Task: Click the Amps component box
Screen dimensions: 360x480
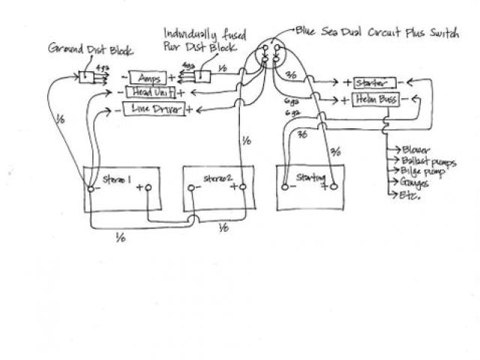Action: (x=151, y=77)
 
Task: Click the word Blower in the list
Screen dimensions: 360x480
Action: (x=413, y=149)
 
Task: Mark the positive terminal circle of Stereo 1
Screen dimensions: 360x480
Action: (x=148, y=188)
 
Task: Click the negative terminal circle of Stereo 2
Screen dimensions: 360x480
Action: (x=197, y=188)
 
